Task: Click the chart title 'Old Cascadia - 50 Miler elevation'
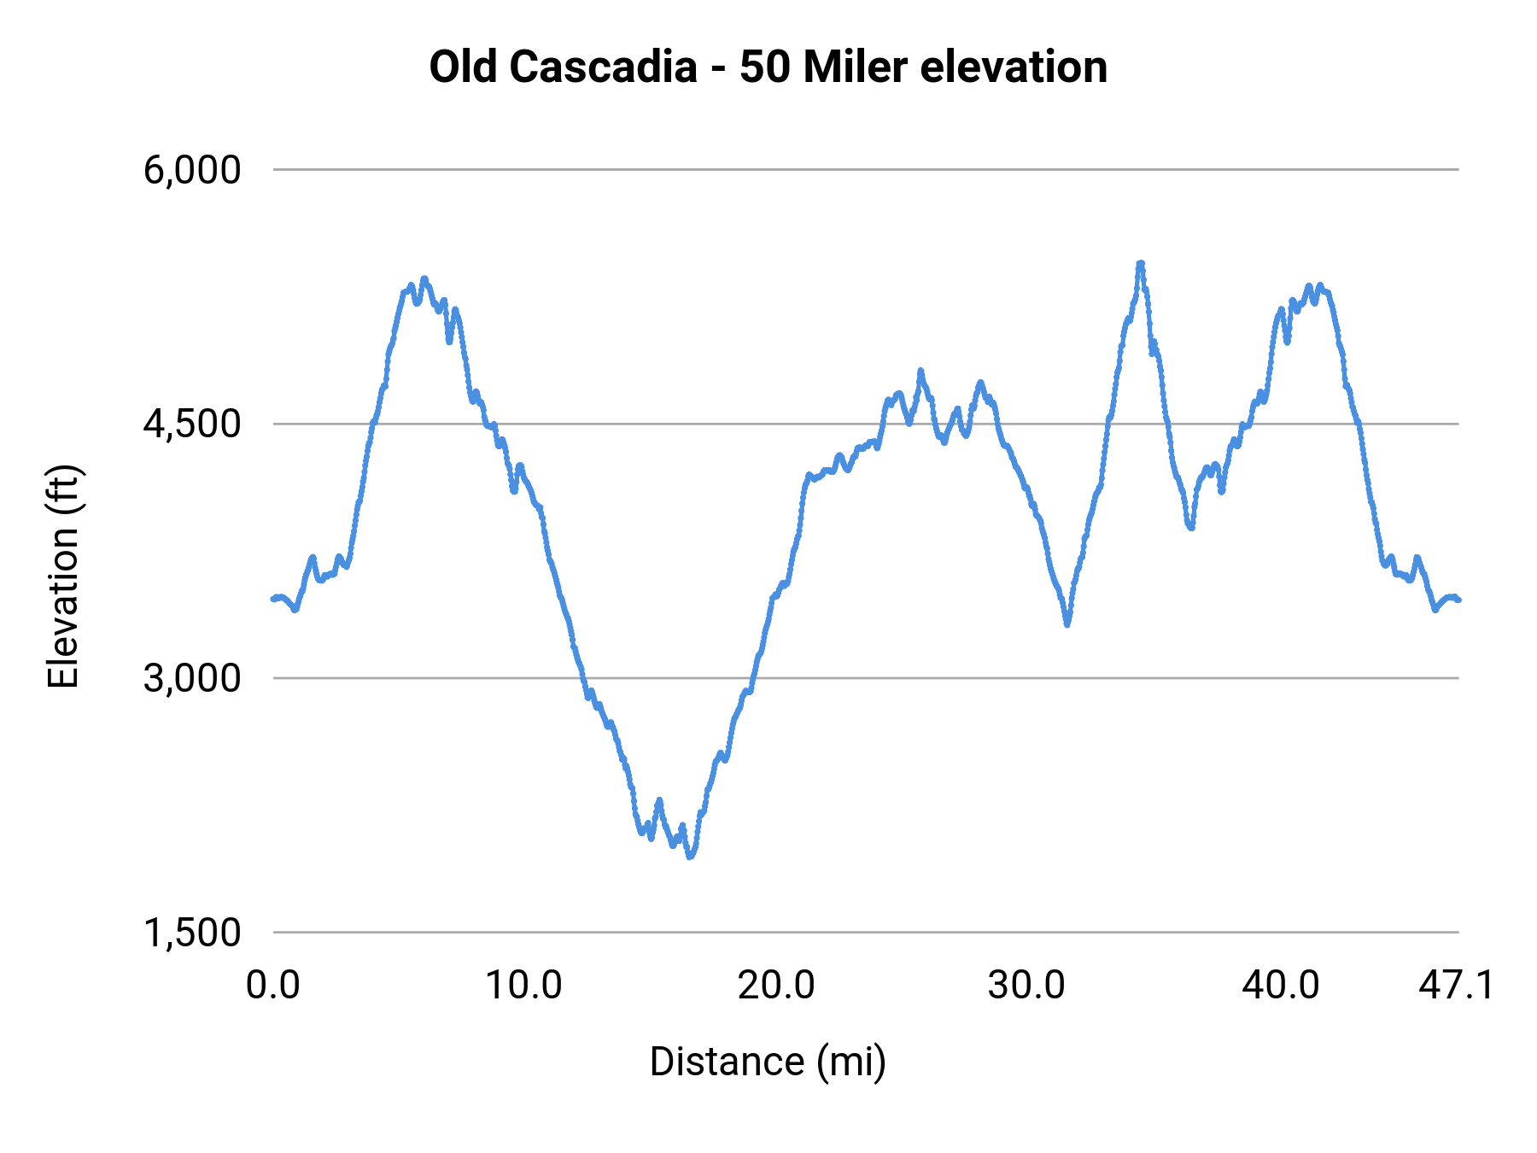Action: (768, 67)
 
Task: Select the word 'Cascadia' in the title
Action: (603, 67)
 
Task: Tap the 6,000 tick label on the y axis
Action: (192, 170)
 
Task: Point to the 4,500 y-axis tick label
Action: (192, 424)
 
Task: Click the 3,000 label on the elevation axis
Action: (192, 678)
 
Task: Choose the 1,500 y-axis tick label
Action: (192, 933)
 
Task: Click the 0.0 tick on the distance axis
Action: (273, 986)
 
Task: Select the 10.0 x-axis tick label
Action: (523, 986)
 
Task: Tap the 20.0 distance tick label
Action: (776, 986)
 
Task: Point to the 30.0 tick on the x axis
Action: (1026, 986)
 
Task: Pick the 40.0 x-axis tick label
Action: (1280, 986)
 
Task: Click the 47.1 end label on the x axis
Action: (1457, 986)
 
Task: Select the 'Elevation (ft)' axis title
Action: (63, 576)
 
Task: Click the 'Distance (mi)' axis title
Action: (768, 1062)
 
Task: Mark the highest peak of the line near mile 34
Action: (1140, 264)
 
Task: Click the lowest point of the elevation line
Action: (690, 856)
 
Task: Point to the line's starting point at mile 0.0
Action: (273, 598)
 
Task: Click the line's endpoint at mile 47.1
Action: (1458, 600)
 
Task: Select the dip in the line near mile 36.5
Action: (1190, 528)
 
